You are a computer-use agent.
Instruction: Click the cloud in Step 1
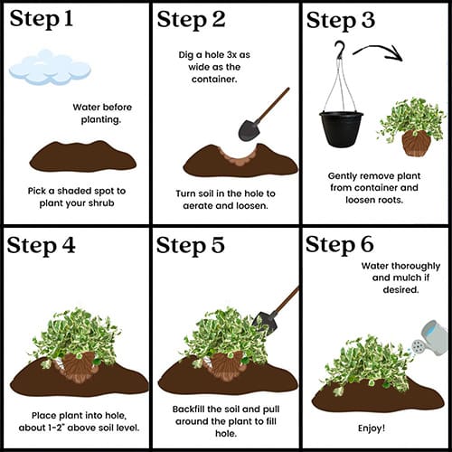(50, 68)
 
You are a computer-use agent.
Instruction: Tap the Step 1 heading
(42, 19)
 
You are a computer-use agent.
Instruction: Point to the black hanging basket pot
(342, 129)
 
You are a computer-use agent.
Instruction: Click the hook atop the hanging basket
(341, 49)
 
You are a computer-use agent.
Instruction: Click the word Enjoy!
(372, 428)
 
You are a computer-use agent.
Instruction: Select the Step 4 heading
(41, 245)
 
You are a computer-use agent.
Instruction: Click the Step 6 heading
(340, 244)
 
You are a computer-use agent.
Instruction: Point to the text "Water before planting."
(102, 113)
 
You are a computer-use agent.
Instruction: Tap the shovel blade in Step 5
(265, 324)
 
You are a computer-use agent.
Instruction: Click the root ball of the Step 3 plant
(417, 143)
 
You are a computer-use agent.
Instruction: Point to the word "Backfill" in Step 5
(188, 409)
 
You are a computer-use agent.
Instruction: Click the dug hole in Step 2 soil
(238, 155)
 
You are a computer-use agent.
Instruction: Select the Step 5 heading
(191, 245)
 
